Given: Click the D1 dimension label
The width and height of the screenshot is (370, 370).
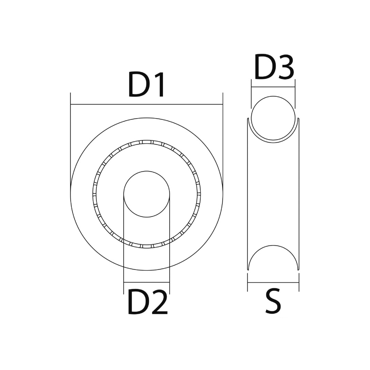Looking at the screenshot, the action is coord(146,85).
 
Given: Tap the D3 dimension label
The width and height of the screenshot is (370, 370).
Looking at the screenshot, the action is coord(274,67).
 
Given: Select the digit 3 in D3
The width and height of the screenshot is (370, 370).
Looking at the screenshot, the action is coord(286,67).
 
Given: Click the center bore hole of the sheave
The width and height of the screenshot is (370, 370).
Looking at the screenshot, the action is coord(147,194).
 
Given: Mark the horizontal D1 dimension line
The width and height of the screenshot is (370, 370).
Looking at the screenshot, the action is coord(147,104).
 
